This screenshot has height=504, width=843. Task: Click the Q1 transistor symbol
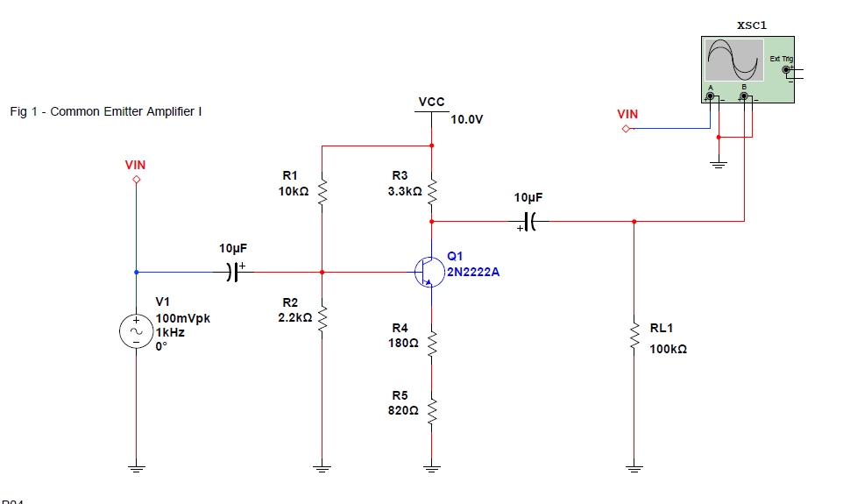click(x=427, y=272)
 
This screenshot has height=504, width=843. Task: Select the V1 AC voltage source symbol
click(x=136, y=331)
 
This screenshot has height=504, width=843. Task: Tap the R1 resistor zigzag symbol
click(x=322, y=190)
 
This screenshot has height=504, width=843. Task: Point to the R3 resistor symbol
click(x=432, y=190)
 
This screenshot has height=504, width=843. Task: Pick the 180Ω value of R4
click(x=404, y=343)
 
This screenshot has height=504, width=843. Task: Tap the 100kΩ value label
click(x=668, y=349)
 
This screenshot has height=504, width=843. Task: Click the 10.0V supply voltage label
click(x=467, y=119)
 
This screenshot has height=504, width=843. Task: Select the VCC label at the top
click(x=431, y=103)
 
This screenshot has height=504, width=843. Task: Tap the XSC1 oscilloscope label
click(x=752, y=25)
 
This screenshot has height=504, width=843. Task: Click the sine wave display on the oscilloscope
click(x=733, y=60)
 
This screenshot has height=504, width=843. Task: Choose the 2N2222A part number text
click(x=473, y=272)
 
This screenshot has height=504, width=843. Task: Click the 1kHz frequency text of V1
click(x=170, y=331)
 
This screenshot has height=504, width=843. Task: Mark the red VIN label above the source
click(x=136, y=165)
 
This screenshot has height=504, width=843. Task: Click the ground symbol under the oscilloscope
click(x=718, y=165)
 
